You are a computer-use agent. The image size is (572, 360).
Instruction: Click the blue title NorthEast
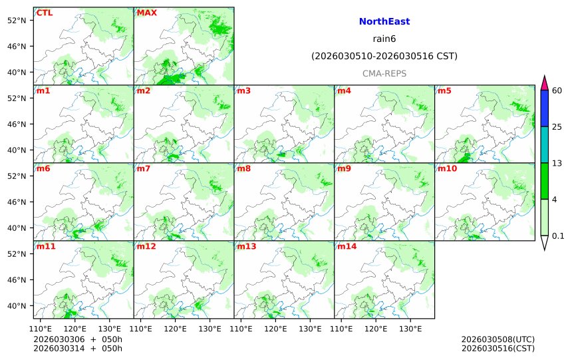(x=384, y=22)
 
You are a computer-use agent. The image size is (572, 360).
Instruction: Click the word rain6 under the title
(x=384, y=39)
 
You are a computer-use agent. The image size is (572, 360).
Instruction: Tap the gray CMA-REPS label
(x=384, y=73)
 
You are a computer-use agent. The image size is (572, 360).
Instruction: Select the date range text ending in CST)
(x=384, y=57)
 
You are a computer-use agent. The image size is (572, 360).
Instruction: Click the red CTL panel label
(x=45, y=13)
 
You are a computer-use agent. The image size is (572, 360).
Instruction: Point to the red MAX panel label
(x=146, y=13)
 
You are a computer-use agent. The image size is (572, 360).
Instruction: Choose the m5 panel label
(x=444, y=90)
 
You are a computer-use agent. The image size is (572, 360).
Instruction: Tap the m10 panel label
(x=446, y=168)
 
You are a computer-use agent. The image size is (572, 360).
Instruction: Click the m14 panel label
(x=346, y=246)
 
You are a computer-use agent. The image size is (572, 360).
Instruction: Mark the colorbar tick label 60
(x=557, y=90)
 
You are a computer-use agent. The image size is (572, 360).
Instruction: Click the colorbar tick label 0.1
(x=558, y=236)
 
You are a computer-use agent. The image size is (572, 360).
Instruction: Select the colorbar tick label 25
(x=557, y=127)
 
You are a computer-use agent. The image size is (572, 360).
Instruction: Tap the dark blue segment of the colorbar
(x=544, y=108)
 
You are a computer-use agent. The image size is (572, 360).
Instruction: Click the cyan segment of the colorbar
(x=544, y=145)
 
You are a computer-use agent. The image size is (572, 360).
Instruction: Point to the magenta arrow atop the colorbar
(x=544, y=83)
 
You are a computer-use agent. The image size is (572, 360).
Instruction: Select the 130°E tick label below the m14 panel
(x=410, y=329)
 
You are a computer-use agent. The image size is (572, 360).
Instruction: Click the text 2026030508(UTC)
(x=498, y=339)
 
